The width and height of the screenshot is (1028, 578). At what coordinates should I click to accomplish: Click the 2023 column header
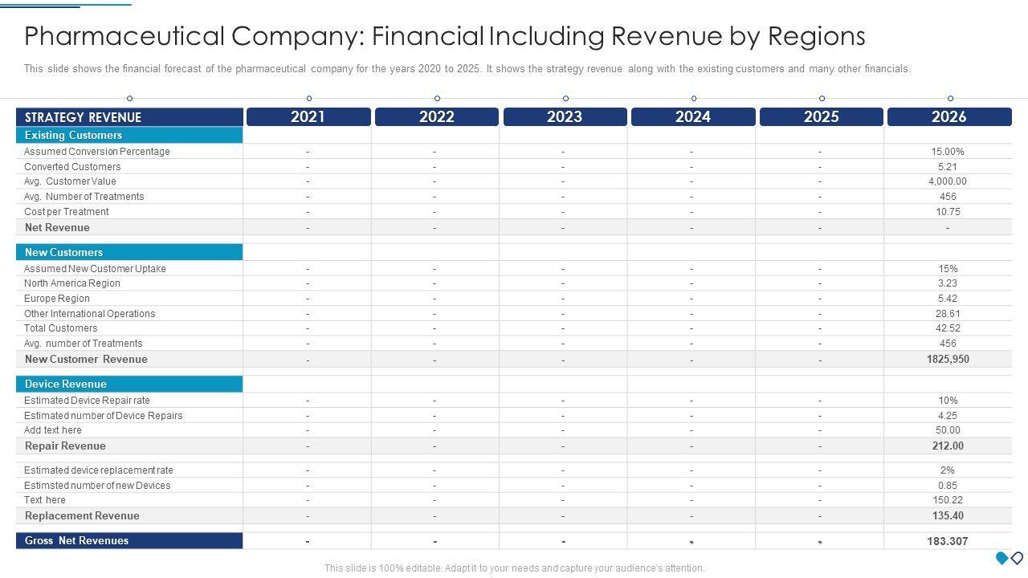565,117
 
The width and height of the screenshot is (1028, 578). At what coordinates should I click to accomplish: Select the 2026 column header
948,117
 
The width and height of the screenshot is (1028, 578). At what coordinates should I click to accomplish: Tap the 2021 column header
308,117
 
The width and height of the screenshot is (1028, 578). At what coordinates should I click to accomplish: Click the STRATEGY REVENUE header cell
83,117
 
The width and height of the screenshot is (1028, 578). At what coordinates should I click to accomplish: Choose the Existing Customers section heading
73,135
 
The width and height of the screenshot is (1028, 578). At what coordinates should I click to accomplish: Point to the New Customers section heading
63,252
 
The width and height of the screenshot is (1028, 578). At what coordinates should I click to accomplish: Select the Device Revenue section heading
65,384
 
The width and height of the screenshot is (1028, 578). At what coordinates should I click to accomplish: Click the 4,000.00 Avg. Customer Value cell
948,181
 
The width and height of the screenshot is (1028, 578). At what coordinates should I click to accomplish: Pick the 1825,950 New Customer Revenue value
948,359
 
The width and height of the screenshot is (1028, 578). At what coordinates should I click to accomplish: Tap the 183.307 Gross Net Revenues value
947,541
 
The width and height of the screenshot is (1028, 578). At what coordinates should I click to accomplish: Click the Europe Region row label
57,299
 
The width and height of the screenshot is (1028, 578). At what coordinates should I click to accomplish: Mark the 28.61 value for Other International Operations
948,314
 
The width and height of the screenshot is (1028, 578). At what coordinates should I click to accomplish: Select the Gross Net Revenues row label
76,541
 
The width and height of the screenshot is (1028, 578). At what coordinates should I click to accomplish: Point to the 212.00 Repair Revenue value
948,446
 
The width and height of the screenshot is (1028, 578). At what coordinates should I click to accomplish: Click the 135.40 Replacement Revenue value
948,515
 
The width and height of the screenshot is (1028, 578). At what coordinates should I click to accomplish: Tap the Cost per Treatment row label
66,212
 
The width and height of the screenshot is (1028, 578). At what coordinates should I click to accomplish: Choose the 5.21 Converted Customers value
948,167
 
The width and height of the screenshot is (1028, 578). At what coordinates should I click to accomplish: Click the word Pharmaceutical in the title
124,36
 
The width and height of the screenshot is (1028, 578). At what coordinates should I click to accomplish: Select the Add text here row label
53,430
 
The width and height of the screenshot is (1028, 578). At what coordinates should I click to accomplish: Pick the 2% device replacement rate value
948,470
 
